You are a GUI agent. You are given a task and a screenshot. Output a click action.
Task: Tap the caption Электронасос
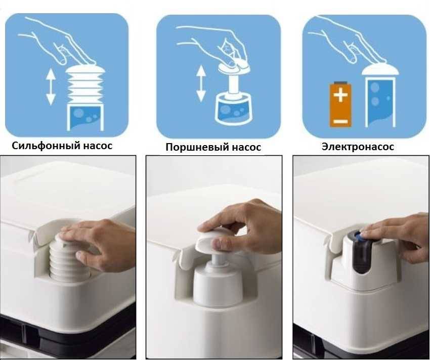(358, 147)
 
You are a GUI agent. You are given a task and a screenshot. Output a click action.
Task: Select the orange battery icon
(340, 105)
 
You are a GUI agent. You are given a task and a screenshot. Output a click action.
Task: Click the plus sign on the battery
(340, 95)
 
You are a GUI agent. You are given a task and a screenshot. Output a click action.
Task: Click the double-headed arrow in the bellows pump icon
(51, 87)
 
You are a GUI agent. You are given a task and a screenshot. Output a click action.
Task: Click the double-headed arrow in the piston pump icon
(201, 83)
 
